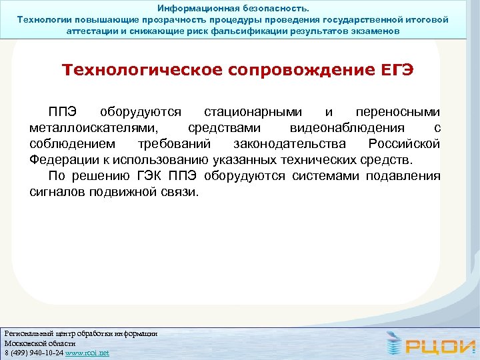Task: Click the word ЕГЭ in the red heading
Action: tap(394, 71)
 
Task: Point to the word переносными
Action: tap(398, 111)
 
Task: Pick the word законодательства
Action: tap(289, 144)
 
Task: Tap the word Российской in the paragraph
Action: tap(404, 144)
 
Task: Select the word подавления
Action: tap(405, 176)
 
